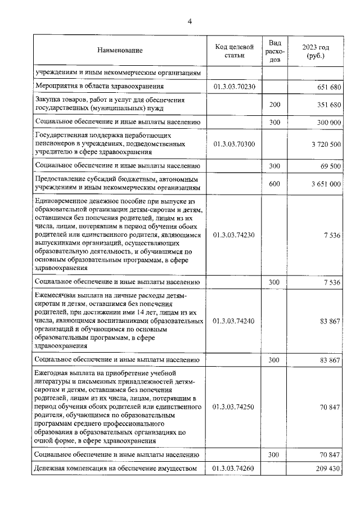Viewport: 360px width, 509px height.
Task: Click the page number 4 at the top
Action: coord(190,21)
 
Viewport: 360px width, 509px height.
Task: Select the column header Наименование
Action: coord(120,51)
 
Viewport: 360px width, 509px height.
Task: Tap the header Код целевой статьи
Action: coord(235,51)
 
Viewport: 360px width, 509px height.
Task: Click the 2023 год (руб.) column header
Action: coord(315,51)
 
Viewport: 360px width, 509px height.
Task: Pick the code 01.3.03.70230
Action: coord(235,87)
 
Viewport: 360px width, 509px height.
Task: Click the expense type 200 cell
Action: coord(274,105)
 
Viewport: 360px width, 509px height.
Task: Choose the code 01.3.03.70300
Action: coord(235,144)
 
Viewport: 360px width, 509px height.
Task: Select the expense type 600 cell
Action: coord(274,184)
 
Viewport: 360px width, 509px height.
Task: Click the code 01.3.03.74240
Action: coord(235,321)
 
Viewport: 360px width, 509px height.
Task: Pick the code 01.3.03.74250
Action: coord(235,406)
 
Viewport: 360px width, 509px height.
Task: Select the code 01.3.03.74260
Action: coord(235,468)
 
